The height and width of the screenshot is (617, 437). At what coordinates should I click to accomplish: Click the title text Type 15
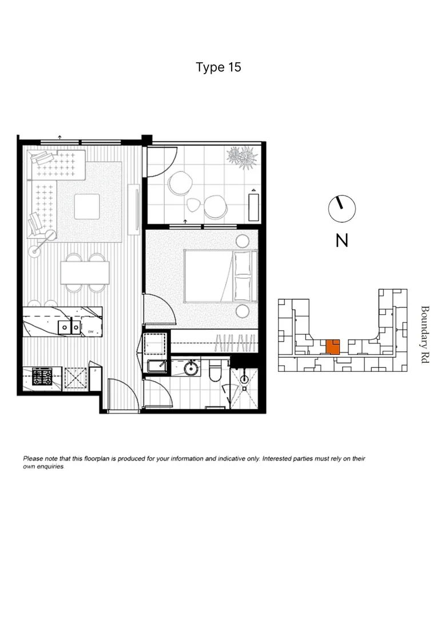(x=218, y=67)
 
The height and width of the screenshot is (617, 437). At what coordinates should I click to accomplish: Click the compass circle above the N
(x=341, y=209)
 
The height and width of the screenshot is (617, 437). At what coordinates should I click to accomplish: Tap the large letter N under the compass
(x=341, y=241)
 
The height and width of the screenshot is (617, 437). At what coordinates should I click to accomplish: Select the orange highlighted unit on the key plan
(x=332, y=346)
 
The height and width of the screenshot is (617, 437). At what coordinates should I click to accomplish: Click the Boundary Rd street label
(x=424, y=335)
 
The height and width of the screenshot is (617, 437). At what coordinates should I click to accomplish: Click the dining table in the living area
(x=85, y=273)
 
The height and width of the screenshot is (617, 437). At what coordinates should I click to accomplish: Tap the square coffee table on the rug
(x=86, y=206)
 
